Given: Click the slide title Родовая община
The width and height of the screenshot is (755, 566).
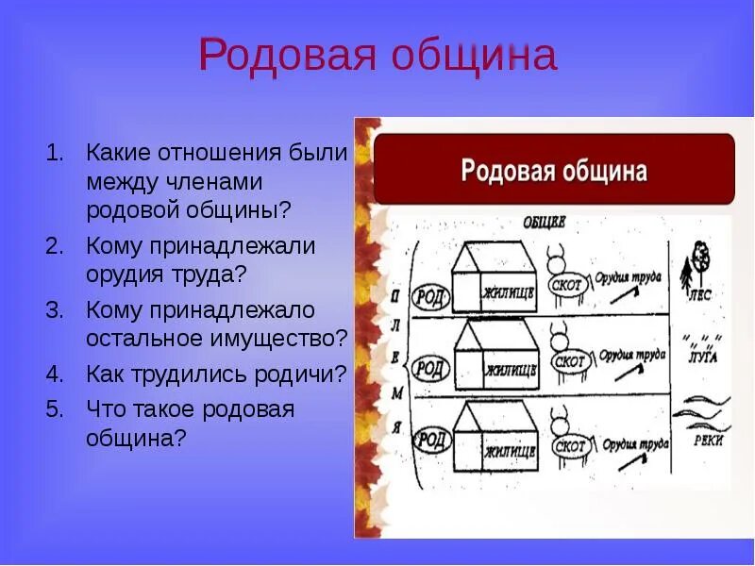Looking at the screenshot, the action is point(377,57).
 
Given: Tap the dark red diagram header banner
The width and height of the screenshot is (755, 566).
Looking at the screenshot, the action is point(554,170).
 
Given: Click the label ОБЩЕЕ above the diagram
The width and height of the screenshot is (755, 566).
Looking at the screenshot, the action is point(544,223).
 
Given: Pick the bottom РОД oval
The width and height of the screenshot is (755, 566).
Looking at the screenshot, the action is point(433,439).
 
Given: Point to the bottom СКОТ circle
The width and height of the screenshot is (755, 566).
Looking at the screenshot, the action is point(570,444).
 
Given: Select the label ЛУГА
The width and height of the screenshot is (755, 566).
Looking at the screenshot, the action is point(703,358).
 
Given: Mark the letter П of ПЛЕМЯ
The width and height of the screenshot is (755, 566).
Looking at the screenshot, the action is point(397,295).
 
